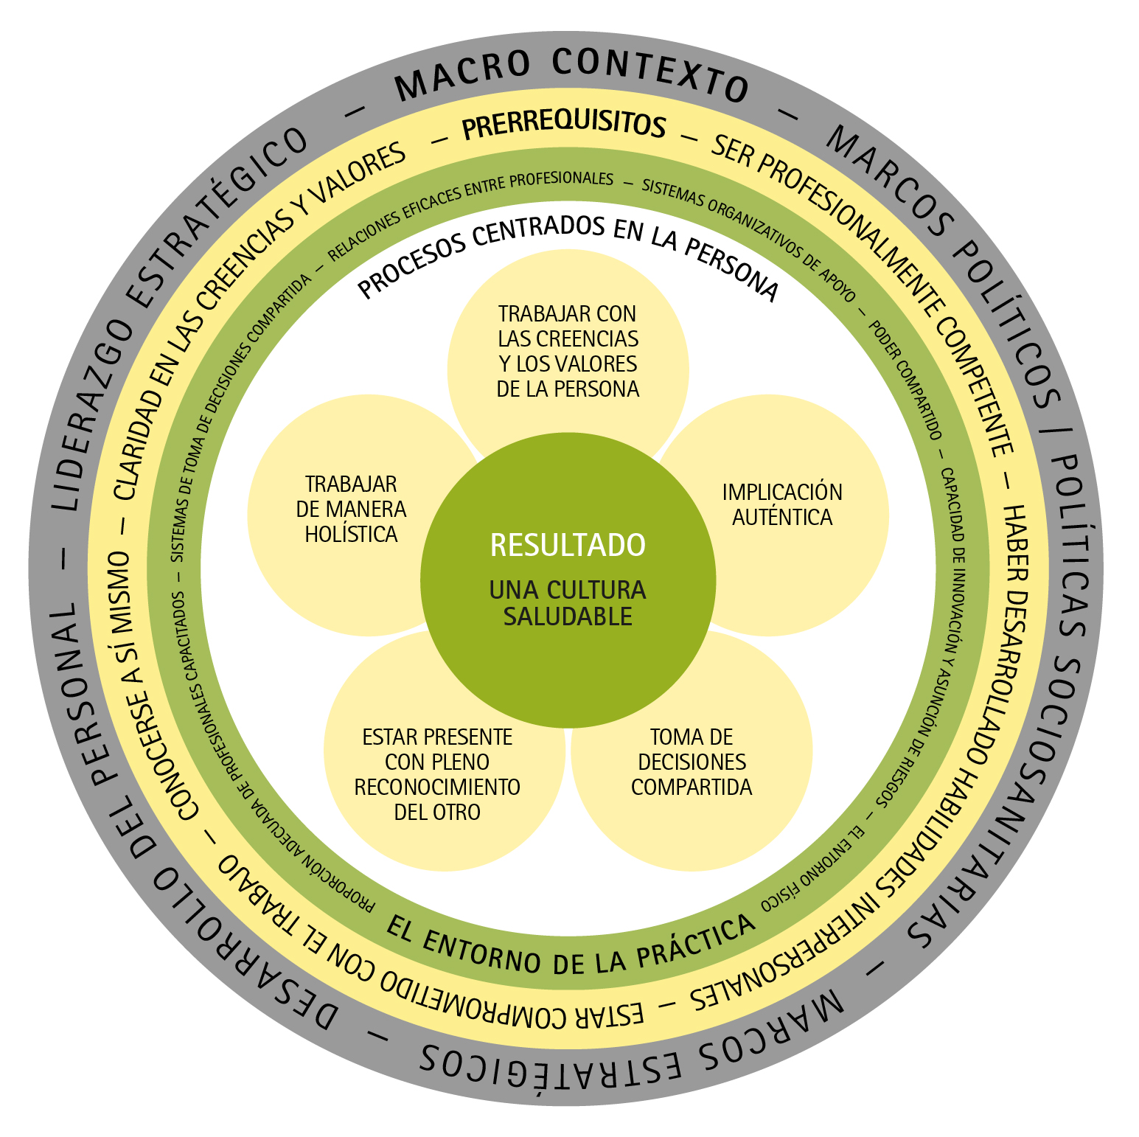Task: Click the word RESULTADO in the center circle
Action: coord(568,546)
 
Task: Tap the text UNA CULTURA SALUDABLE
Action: coord(568,603)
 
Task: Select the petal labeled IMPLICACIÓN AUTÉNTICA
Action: coord(782,505)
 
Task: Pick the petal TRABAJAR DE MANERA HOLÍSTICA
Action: coord(351,509)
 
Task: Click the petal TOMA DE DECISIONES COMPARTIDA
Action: coord(692,762)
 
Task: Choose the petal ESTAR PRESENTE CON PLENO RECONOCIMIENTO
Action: coord(437,774)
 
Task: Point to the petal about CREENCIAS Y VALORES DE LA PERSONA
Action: coord(568,351)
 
